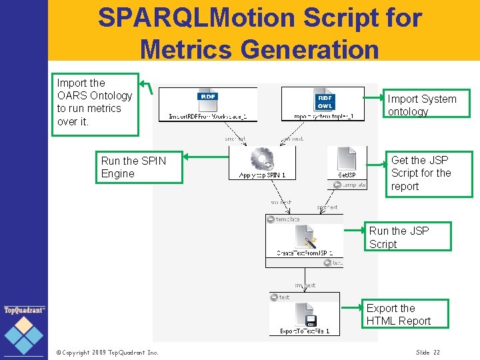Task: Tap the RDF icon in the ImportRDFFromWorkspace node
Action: [208, 101]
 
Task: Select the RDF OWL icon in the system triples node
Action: [325, 101]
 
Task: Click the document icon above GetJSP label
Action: [347, 159]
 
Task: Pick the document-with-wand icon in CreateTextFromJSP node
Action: [306, 236]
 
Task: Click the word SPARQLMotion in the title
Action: [197, 18]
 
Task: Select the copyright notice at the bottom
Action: [107, 352]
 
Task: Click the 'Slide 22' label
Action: [427, 352]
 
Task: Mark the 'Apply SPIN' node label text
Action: [262, 175]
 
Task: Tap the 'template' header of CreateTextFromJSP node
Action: [287, 219]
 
